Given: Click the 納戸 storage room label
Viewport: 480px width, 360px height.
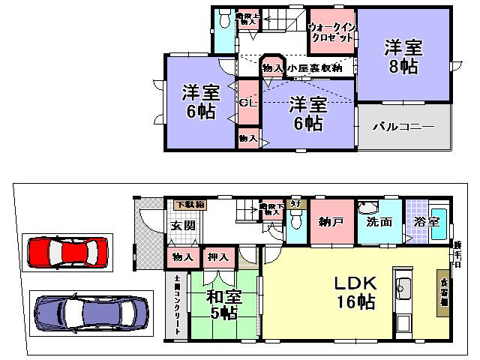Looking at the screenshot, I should tap(328, 223).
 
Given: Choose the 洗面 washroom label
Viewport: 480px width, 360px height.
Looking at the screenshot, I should tap(379, 223).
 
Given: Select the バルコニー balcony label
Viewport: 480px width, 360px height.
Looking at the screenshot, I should tap(403, 127).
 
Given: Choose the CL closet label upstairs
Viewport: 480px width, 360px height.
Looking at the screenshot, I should tap(248, 103).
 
